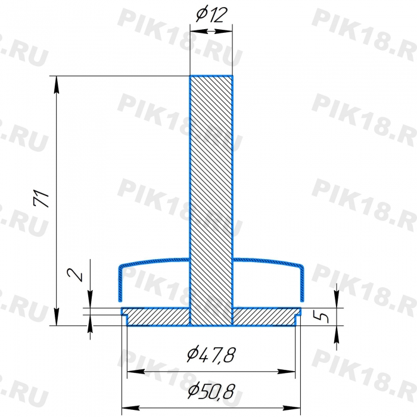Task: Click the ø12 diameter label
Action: [x=211, y=15]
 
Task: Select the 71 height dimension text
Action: [x=42, y=198]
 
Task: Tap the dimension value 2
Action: [x=74, y=275]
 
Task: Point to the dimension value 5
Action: [x=321, y=317]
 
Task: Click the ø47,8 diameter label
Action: [x=211, y=354]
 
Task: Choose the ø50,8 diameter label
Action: [x=211, y=391]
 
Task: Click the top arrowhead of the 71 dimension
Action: [x=57, y=85]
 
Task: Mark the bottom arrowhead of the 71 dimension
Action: [x=57, y=317]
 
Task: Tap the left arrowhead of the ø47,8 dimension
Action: [x=136, y=372]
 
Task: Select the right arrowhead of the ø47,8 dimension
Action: [x=287, y=372]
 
